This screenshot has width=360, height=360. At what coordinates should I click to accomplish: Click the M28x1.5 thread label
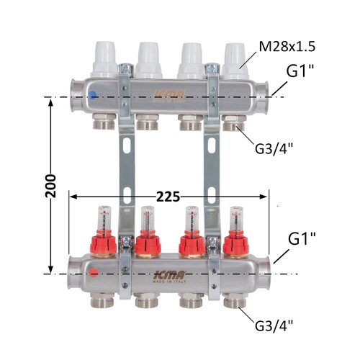(287, 47)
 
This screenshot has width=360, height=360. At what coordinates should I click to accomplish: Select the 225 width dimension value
(168, 197)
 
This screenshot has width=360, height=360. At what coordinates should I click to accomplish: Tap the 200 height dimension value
(50, 186)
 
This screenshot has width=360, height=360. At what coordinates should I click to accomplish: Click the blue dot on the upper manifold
(92, 95)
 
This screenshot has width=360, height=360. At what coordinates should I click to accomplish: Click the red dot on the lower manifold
(94, 274)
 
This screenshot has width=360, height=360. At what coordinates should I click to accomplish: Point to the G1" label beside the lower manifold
(302, 238)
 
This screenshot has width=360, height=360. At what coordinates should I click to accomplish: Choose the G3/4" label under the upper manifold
(274, 149)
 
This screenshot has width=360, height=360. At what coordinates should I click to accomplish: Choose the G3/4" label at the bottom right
(274, 325)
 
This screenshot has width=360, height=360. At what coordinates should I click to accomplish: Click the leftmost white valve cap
(104, 60)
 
